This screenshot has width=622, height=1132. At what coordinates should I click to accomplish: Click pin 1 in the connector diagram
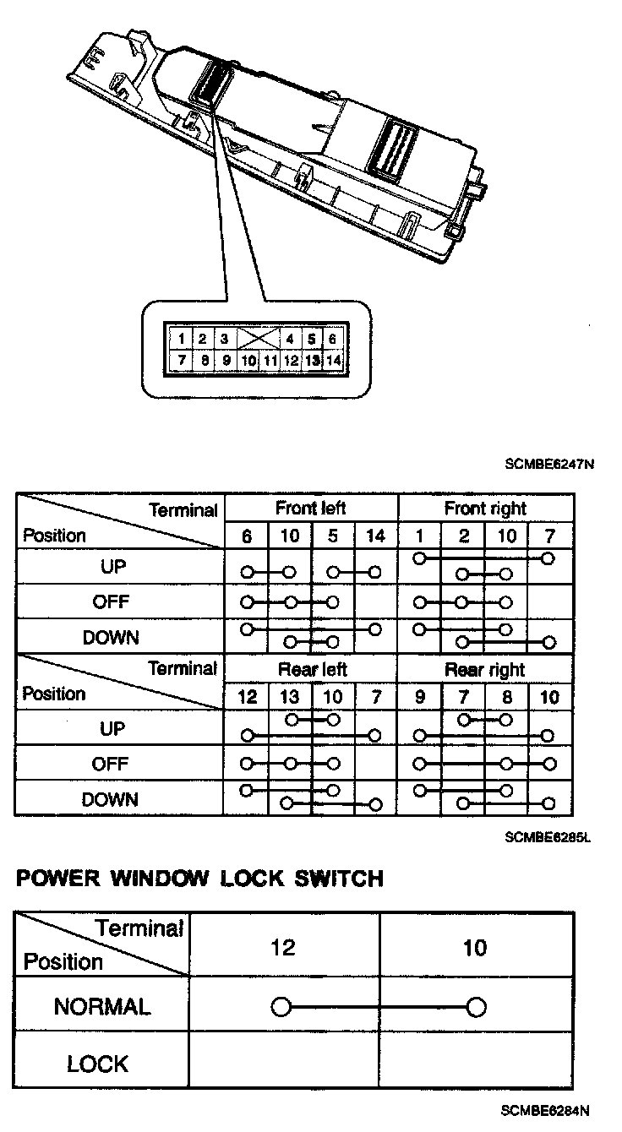182,340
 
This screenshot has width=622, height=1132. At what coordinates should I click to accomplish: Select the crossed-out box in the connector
258,340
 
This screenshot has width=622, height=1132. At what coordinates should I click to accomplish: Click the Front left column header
311,509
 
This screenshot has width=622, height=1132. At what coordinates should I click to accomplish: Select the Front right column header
485,509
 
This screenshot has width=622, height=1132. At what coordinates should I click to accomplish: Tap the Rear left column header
311,670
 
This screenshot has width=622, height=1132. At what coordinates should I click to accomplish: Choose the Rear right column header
485,670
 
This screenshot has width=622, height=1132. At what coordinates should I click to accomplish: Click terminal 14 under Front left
376,536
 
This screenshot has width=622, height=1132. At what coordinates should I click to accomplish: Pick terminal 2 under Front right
464,536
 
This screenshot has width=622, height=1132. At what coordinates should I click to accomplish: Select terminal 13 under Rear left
290,697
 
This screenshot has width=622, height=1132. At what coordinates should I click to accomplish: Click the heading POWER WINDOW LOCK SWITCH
199,879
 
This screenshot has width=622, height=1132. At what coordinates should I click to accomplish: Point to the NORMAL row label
102,1007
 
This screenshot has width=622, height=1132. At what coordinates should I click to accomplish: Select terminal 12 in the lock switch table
284,948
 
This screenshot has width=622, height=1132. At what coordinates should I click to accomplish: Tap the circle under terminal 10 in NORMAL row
477,1007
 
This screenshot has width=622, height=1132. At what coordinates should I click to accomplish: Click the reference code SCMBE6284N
545,1110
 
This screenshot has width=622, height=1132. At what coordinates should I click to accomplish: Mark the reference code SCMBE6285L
545,839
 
